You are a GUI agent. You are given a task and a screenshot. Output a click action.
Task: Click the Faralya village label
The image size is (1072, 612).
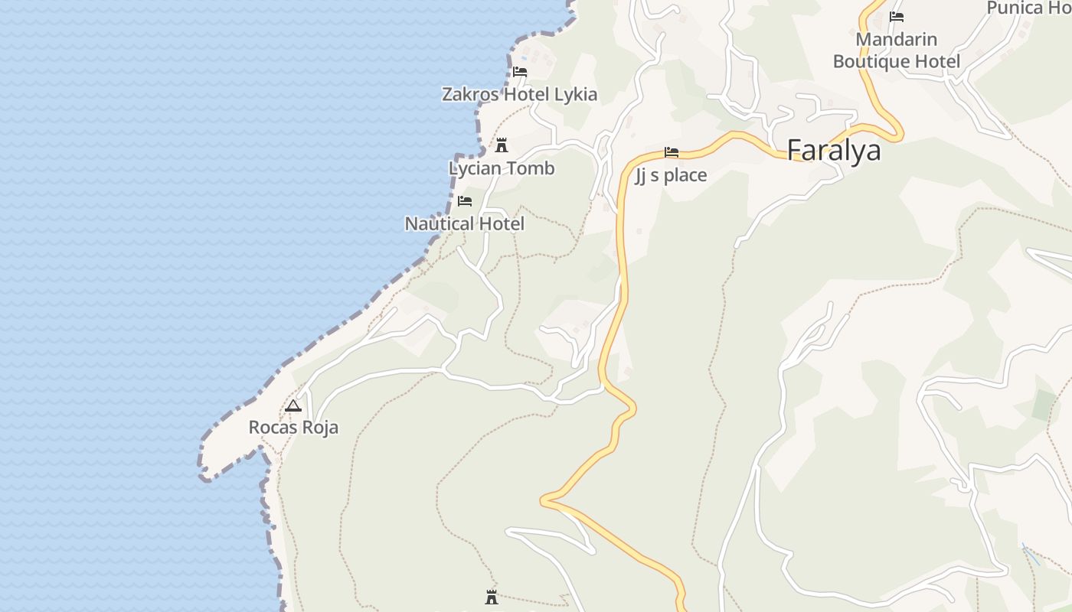tap(834, 150)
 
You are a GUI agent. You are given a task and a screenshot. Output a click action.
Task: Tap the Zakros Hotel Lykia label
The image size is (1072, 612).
tap(519, 94)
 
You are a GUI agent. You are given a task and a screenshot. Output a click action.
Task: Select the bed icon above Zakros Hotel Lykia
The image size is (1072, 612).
tap(520, 72)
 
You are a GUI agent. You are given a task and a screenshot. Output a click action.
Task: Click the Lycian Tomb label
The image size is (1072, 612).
tap(502, 168)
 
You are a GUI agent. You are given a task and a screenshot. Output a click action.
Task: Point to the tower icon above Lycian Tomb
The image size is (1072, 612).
tap(502, 145)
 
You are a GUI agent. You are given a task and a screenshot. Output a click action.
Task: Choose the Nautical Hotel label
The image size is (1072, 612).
tap(464, 223)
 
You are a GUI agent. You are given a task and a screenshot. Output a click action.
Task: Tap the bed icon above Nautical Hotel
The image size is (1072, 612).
tap(464, 201)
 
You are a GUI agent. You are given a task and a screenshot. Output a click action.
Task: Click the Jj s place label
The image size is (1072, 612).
tap(671, 175)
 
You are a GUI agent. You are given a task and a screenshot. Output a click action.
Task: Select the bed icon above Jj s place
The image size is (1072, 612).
tap(672, 152)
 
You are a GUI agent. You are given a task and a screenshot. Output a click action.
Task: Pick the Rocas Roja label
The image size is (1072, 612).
tap(293, 427)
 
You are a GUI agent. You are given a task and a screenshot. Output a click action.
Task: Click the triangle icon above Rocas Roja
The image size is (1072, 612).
tap(293, 405)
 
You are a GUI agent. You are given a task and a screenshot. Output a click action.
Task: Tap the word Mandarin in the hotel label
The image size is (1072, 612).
tap(896, 39)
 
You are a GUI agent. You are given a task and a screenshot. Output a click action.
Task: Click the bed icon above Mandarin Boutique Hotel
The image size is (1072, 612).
tap(897, 17)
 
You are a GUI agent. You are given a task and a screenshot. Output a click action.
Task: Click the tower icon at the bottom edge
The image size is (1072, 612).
tap(492, 597)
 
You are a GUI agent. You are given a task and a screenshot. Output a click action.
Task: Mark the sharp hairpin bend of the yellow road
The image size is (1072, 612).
tap(544, 501)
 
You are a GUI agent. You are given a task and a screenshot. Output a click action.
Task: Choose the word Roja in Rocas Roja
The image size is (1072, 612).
tap(320, 427)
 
